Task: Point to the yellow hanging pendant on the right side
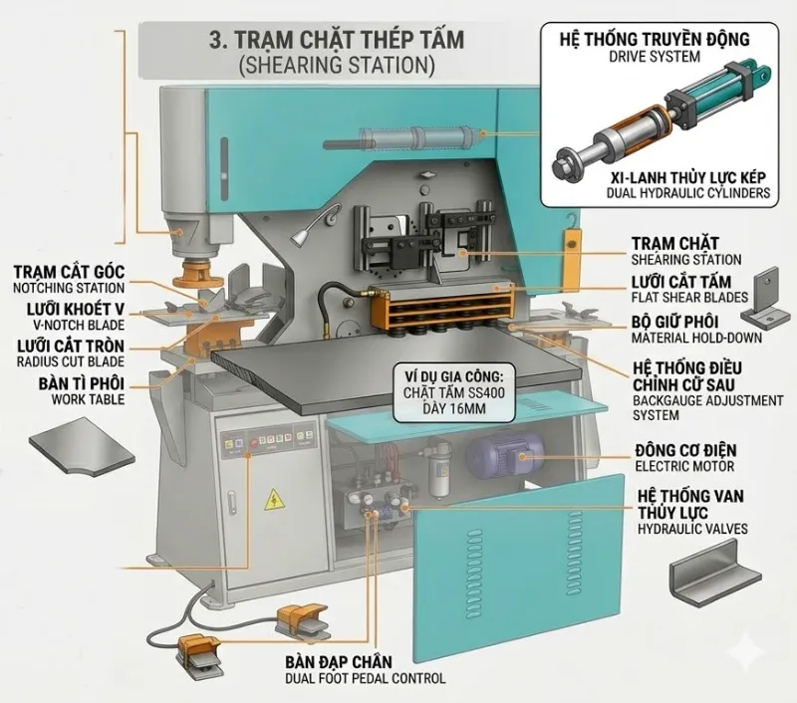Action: coord(572,250)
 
